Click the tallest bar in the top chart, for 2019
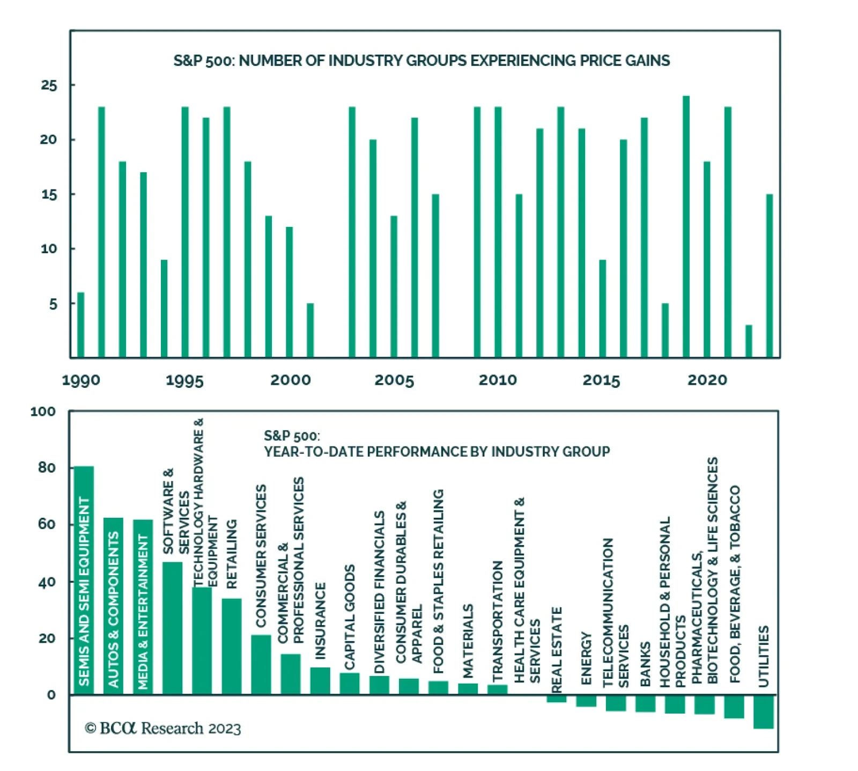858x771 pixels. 685,226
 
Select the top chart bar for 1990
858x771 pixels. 81,325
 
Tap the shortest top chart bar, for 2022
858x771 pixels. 749,341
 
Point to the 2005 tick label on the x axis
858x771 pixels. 394,380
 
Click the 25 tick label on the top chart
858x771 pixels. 49,85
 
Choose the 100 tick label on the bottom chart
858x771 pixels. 43,412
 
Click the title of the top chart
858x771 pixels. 421,61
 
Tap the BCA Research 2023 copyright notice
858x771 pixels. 163,728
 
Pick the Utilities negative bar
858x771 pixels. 763,711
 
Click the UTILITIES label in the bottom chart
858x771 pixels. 764,656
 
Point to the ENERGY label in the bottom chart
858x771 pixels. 586,658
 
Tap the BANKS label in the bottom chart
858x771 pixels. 645,664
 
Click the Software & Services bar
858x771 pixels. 172,628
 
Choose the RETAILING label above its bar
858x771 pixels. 232,554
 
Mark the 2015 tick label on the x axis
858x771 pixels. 601,380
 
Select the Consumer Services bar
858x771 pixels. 261,665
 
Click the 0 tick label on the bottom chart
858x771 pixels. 51,695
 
